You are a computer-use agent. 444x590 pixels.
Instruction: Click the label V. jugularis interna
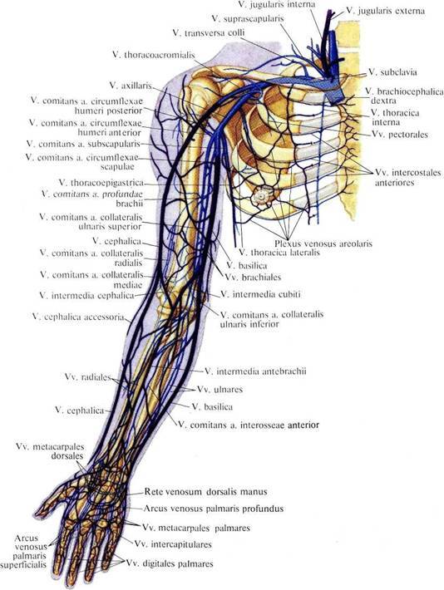point(277,4)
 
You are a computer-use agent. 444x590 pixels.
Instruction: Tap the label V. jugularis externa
point(385,11)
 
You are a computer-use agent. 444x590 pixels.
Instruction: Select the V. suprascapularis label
point(248,18)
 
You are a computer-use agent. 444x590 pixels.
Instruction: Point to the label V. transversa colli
point(209,32)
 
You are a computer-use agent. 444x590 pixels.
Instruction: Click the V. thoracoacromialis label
point(154,55)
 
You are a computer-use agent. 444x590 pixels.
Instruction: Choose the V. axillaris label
point(131,86)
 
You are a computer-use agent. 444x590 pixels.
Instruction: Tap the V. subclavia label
point(392,71)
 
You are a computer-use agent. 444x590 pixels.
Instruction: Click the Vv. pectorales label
point(400,135)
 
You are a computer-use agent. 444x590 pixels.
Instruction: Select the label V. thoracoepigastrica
point(101,183)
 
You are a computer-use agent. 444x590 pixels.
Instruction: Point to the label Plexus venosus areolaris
point(323,243)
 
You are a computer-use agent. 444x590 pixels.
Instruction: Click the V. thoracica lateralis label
point(279,253)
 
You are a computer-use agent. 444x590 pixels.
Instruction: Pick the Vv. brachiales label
point(253,278)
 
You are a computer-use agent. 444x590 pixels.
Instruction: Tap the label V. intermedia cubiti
point(260,294)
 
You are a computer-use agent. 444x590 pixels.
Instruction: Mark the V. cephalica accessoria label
point(78,317)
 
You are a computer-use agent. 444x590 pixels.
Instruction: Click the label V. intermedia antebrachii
point(255,371)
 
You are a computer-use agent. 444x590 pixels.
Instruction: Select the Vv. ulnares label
point(220,390)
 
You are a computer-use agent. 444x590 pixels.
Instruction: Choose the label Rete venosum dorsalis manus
point(205,491)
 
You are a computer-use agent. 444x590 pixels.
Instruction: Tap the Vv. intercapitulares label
point(173,544)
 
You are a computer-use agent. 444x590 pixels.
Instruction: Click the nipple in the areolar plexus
point(260,196)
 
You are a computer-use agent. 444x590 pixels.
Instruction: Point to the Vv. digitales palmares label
point(170,563)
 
